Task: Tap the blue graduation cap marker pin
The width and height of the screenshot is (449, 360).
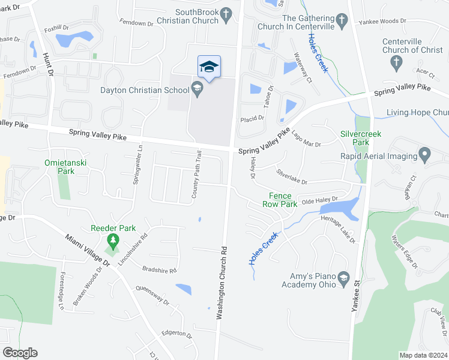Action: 209,67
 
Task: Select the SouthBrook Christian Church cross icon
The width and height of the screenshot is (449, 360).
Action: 226,14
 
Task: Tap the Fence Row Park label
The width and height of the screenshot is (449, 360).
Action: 280,200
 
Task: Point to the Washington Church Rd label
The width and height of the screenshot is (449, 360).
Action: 221,282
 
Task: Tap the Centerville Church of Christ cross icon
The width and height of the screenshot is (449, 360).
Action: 396,62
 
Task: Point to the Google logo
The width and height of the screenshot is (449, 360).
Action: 20,352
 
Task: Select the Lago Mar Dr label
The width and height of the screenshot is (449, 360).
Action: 306,140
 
